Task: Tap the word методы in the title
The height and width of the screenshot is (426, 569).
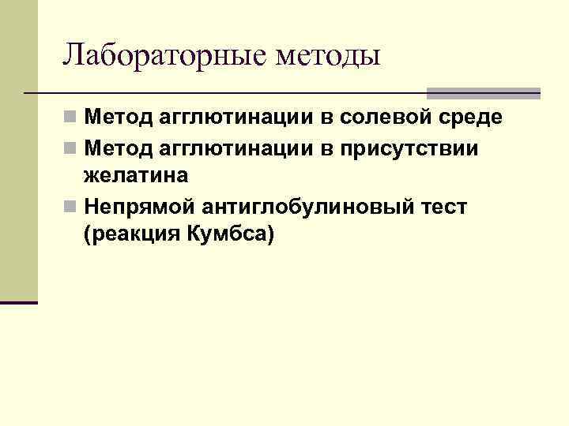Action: tap(328, 55)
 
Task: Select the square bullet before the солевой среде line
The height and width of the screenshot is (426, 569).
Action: tap(71, 118)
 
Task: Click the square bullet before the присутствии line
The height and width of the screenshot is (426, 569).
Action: tap(71, 148)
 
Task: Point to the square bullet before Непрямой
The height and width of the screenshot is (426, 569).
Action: tap(71, 207)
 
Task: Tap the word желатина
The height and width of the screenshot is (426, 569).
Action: tap(135, 177)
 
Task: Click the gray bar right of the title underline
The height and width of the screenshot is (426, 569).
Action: tap(483, 92)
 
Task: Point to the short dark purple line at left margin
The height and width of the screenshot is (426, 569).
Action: tap(19, 302)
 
